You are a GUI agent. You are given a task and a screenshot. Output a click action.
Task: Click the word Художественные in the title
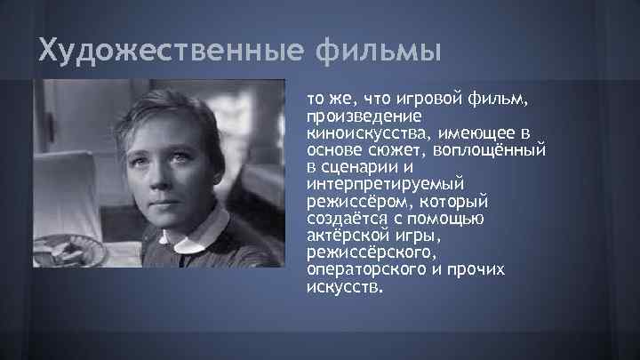point(170,52)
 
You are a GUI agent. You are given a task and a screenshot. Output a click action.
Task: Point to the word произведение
point(354,116)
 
